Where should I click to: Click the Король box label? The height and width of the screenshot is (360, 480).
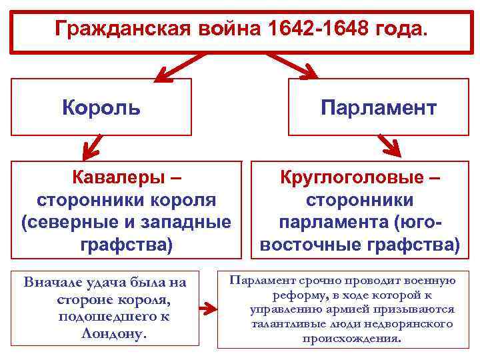(x=101, y=107)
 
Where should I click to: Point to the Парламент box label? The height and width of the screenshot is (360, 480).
(x=379, y=107)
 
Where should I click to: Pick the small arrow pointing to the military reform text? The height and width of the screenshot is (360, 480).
(x=209, y=309)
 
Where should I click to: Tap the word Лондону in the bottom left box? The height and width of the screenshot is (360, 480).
(x=109, y=333)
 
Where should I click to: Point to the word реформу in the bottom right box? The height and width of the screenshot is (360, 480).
(x=297, y=295)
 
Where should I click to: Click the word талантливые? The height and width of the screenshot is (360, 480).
(x=287, y=323)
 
